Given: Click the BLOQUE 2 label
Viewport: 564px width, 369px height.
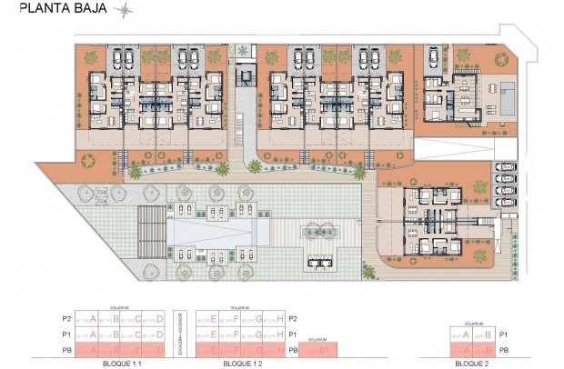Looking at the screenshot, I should click(473, 363).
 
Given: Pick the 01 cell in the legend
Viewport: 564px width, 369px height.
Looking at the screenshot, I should click(318, 349).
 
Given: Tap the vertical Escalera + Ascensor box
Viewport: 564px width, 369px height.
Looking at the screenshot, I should click(180, 333).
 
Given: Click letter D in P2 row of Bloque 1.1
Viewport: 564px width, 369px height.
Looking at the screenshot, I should click(160, 319).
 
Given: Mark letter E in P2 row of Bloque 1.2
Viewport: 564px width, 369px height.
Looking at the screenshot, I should click(212, 319).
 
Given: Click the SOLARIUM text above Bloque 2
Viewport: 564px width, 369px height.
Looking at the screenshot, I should click(473, 323).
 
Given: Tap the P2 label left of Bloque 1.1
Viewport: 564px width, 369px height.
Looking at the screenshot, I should click(65, 319).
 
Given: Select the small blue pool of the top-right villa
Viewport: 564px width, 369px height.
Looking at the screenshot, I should click(506, 94).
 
